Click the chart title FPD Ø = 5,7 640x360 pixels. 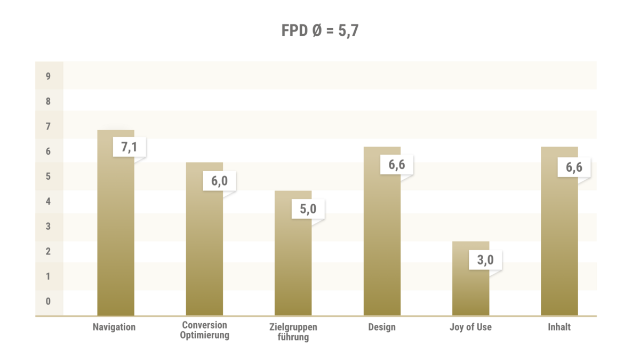click(319, 31)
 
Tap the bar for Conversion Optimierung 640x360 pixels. click(204, 251)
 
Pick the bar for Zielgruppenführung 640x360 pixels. click(293, 261)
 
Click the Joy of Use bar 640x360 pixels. click(470, 288)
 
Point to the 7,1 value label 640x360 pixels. click(129, 147)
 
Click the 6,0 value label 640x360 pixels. click(219, 180)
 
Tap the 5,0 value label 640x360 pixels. click(308, 209)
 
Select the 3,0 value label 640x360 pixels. click(485, 260)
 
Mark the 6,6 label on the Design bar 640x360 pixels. click(396, 164)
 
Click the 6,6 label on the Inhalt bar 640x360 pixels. click(574, 167)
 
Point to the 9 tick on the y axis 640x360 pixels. click(49, 76)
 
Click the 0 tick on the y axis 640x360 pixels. click(49, 301)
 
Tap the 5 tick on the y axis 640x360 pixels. click(49, 177)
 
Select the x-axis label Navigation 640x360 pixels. click(114, 327)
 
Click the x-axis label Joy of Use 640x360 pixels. click(470, 327)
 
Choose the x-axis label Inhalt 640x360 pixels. click(559, 327)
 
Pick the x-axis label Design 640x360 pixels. click(382, 327)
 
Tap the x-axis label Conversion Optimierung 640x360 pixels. click(204, 330)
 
